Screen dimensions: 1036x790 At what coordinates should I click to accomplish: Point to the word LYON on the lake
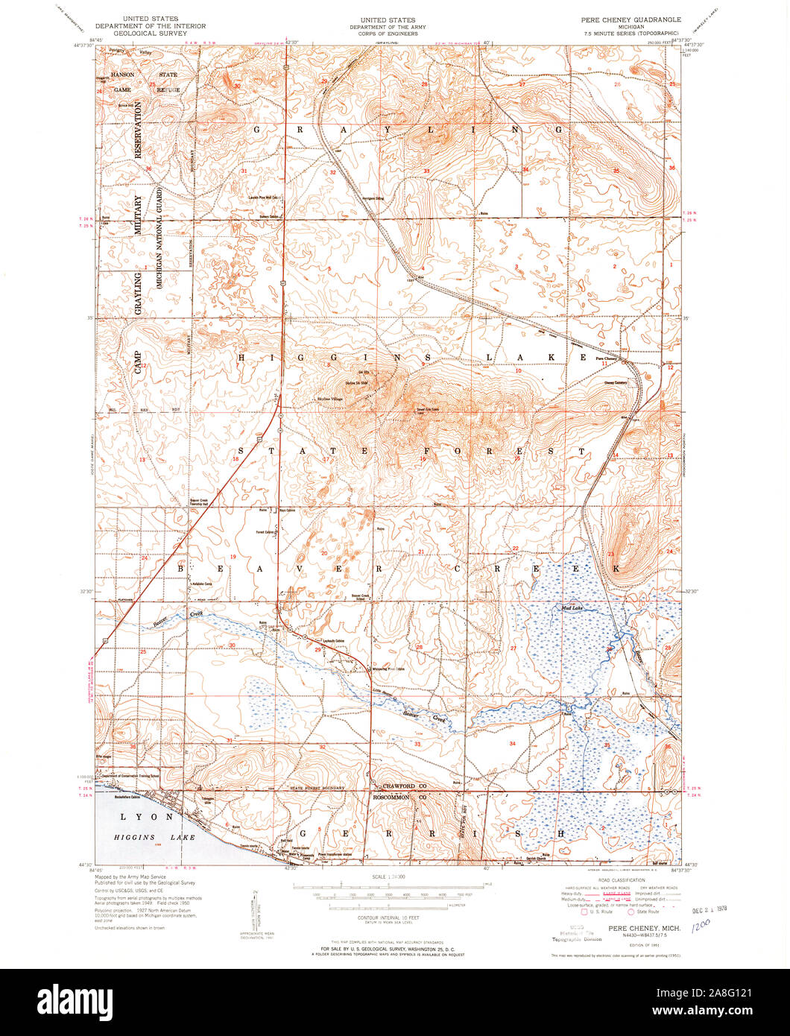coord(141,817)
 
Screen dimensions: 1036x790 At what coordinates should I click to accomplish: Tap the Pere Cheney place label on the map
coord(607,359)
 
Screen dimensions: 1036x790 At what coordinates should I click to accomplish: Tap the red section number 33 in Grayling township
coord(426,171)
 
